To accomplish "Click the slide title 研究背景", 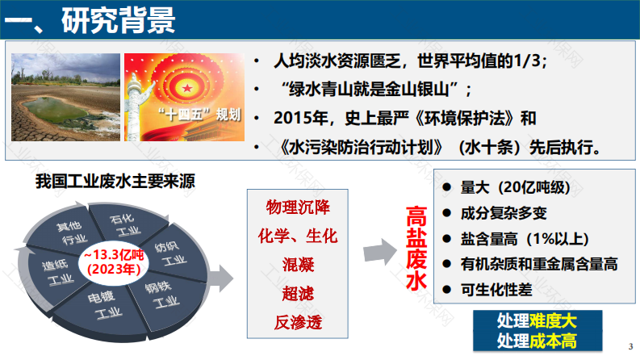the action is coord(119,19).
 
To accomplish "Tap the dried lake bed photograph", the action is coord(65,97).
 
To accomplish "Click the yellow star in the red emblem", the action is coord(187,88).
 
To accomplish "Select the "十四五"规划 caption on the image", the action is coord(199,115).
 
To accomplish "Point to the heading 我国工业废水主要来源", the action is coord(115,181).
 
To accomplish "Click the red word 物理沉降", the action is coord(298,207).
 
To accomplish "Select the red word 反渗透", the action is coord(298,322).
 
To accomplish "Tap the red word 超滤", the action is coord(298,294).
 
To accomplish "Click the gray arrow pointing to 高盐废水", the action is coord(380,252).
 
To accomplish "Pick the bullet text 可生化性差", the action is coord(496,290).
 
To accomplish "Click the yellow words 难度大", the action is coord(553,320).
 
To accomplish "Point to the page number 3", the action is coord(630,346).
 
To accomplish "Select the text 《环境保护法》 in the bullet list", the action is coord(467,119).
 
